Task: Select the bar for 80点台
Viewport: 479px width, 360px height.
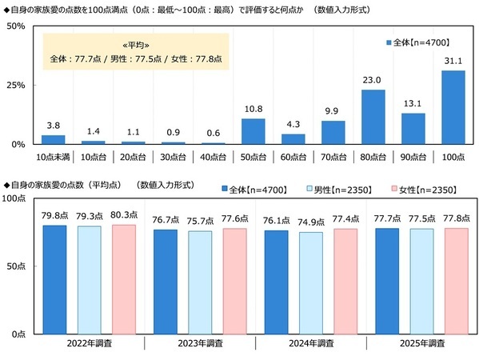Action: click(x=373, y=117)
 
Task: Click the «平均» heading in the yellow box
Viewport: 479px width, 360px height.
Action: click(x=135, y=46)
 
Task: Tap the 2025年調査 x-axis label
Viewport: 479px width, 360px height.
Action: click(x=421, y=343)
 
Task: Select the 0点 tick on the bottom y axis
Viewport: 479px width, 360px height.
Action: click(x=17, y=333)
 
